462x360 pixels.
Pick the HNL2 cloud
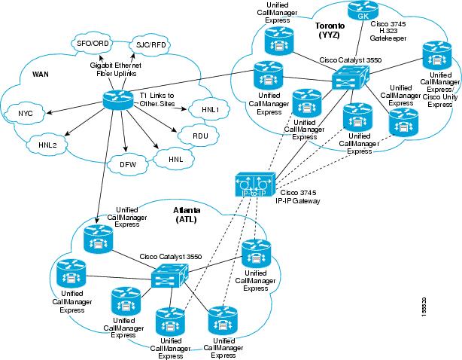[x=47, y=143]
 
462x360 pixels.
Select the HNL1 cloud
[x=210, y=109]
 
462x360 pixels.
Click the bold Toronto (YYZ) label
[x=330, y=30]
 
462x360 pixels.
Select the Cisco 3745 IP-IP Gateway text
[x=299, y=197]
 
